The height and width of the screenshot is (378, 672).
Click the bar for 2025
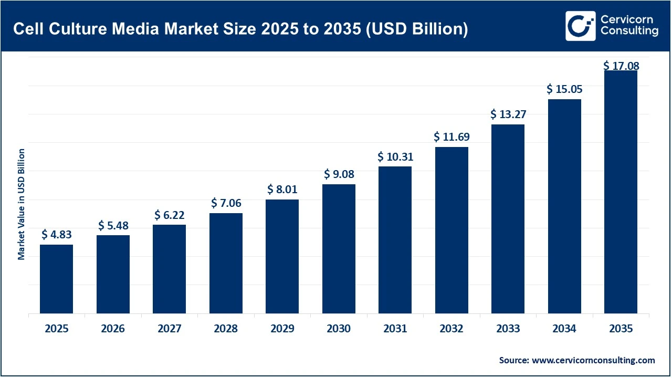click(56, 279)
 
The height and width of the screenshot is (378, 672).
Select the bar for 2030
click(339, 249)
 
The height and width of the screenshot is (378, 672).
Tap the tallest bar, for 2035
click(621, 192)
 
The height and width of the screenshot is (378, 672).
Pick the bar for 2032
click(451, 230)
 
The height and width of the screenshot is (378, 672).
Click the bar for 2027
click(169, 269)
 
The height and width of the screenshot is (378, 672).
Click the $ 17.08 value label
click(621, 66)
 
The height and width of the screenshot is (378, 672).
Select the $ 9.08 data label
click(339, 174)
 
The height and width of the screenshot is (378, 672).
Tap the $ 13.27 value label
click(508, 114)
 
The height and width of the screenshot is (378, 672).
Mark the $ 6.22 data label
click(169, 215)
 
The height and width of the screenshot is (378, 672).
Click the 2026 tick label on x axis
click(113, 329)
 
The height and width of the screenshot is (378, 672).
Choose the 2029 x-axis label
click(282, 329)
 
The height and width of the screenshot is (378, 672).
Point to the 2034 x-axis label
click(564, 329)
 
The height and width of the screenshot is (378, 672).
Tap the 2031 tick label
click(395, 329)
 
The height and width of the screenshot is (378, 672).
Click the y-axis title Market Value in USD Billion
click(22, 204)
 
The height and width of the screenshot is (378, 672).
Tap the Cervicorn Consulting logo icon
click(580, 26)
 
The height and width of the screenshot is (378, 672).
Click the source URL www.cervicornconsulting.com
click(593, 360)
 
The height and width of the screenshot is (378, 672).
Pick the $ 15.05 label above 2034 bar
click(564, 89)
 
